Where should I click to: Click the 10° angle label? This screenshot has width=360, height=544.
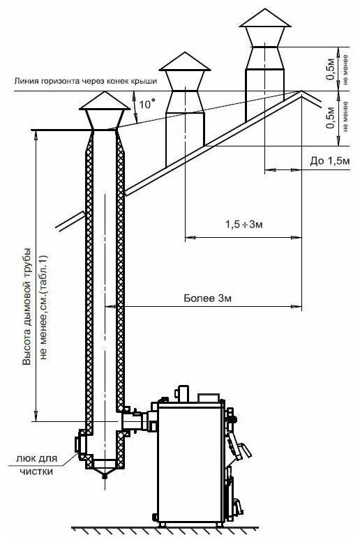click(x=147, y=104)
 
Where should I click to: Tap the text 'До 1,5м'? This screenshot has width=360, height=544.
click(x=330, y=161)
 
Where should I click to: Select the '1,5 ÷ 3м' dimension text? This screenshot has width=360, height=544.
click(x=244, y=225)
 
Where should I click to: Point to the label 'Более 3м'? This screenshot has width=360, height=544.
click(x=207, y=299)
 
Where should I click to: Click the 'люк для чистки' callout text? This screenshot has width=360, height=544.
click(x=36, y=465)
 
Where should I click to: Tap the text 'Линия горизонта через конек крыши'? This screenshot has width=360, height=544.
click(x=85, y=81)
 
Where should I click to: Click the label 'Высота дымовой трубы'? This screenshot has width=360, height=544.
click(x=27, y=306)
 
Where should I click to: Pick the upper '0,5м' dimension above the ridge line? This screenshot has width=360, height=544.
click(x=331, y=68)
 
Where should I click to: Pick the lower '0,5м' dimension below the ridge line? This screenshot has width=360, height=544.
click(x=331, y=118)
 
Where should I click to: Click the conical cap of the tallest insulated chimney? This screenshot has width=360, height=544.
click(x=105, y=100)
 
